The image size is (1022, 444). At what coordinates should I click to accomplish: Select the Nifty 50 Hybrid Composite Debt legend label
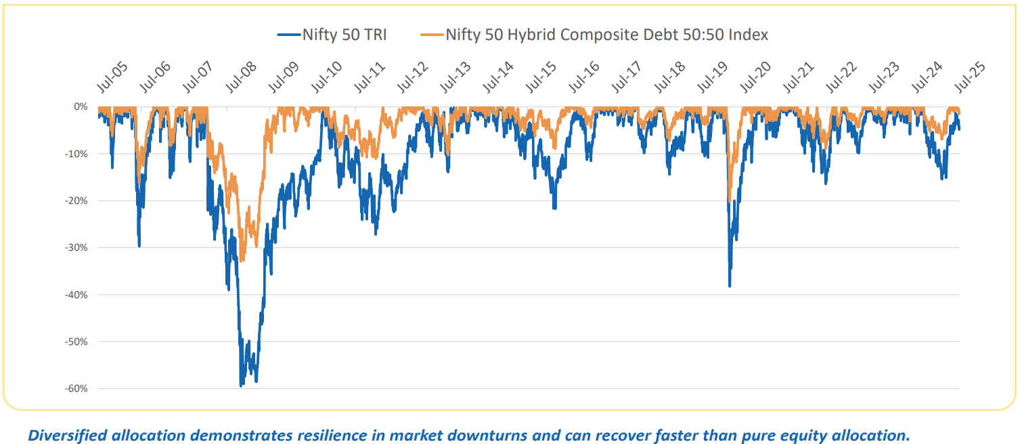606,34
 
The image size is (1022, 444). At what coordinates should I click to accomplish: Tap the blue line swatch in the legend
288,35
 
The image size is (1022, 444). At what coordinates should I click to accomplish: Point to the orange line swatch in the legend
431,35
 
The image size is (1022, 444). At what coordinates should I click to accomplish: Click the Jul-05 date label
110,79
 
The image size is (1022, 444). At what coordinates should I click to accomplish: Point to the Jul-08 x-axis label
240,79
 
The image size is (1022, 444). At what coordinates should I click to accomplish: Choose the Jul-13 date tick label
456,79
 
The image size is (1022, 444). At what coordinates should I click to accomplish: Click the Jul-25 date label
971,79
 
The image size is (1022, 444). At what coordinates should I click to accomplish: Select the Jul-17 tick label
627,79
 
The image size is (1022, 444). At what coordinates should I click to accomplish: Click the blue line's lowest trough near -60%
241,386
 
